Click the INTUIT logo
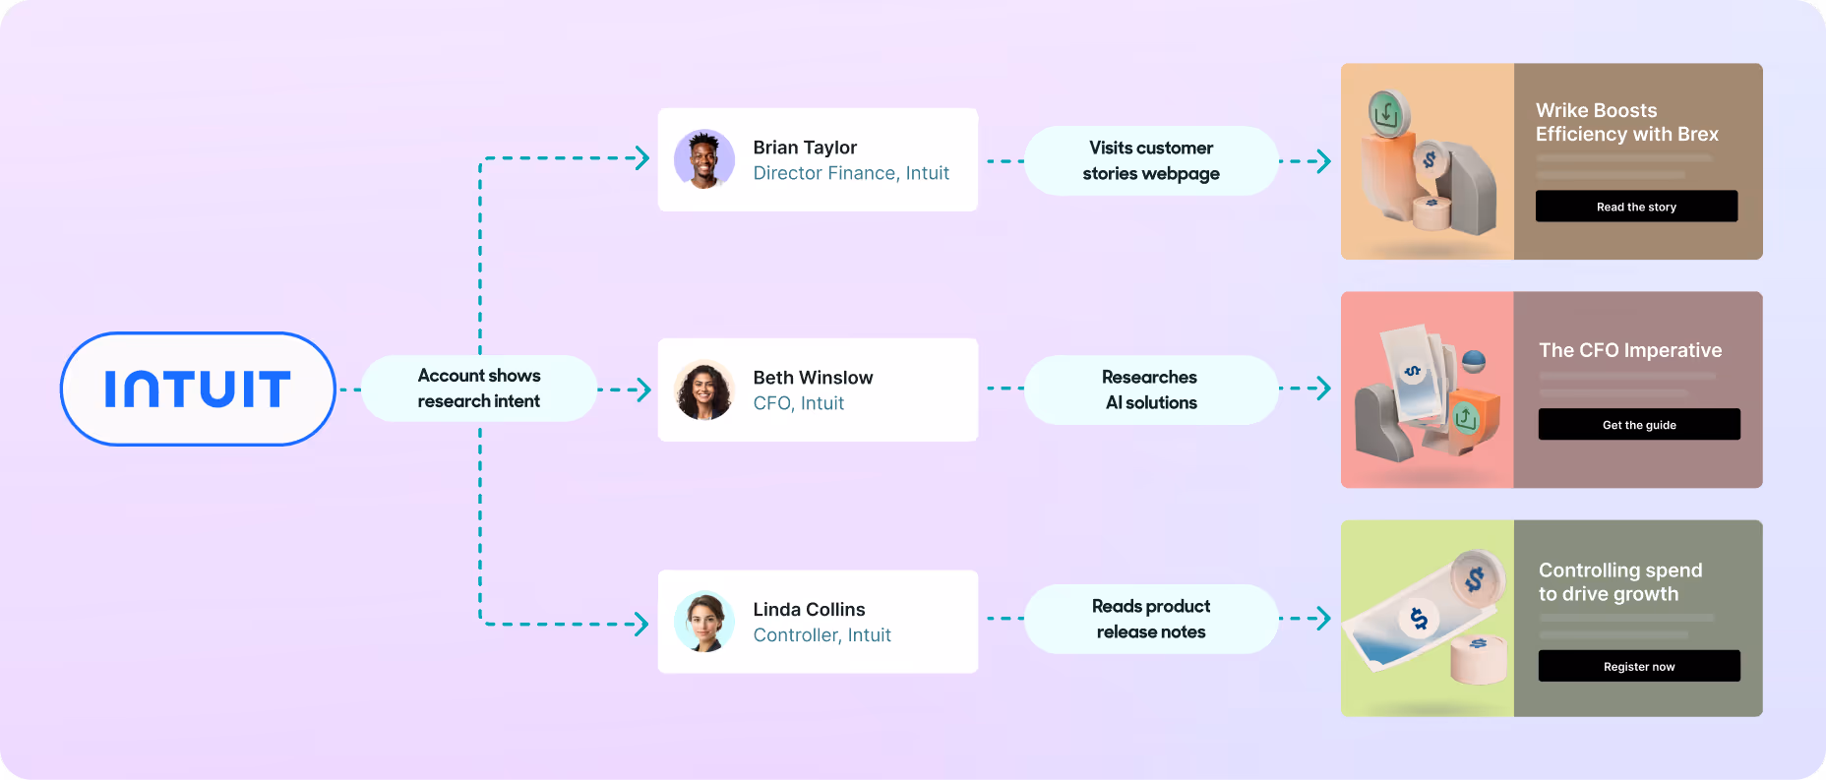click(198, 389)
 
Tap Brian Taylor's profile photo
click(704, 159)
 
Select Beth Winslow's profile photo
click(704, 390)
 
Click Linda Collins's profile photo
click(704, 622)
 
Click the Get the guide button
click(1639, 425)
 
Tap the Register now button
click(1639, 666)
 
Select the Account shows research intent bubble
click(479, 389)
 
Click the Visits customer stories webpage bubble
click(1151, 160)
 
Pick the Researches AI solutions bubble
click(1151, 390)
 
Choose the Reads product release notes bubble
click(1151, 619)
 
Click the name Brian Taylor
click(805, 148)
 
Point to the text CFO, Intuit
click(798, 403)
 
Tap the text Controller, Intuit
click(822, 635)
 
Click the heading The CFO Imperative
click(1630, 350)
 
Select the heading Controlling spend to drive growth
click(1619, 582)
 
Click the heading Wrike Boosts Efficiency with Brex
click(1626, 122)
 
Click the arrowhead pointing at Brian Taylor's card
click(642, 158)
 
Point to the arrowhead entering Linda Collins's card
click(642, 624)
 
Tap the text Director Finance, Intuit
click(851, 173)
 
